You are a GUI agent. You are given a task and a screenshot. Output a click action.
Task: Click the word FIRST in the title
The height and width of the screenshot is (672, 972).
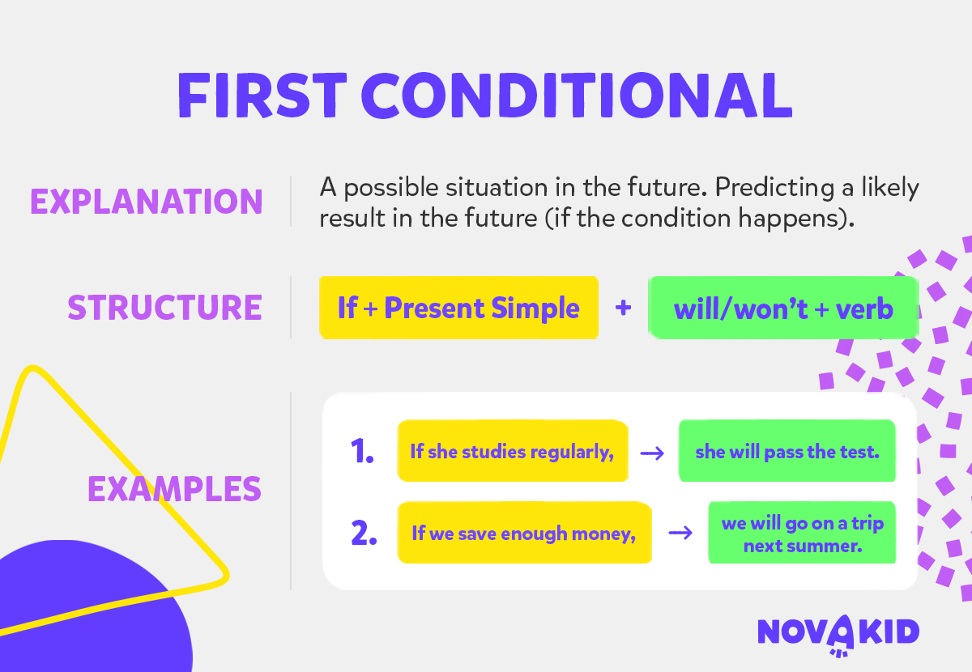262,96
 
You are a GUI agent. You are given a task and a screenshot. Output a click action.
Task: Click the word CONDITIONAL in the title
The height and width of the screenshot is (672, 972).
577,96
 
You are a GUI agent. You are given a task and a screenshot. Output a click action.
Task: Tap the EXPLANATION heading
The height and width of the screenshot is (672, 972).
147,202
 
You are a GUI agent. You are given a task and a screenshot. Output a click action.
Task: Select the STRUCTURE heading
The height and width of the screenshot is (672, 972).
165,308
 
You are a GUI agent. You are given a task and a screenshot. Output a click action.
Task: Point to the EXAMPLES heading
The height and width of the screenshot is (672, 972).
174,489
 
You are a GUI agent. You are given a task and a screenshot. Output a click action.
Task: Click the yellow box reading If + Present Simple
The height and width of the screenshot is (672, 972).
458,308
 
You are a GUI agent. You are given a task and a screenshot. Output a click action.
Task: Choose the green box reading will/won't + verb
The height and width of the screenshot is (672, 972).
784,308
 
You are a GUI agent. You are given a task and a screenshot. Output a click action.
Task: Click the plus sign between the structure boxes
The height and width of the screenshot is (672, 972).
623,308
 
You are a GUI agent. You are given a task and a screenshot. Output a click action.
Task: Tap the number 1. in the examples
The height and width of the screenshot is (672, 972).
362,451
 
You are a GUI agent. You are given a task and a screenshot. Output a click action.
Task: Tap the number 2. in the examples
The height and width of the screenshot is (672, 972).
364,533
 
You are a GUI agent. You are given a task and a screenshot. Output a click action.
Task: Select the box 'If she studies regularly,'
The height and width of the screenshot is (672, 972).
513,451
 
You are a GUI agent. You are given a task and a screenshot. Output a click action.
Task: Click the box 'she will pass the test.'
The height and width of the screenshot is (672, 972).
787,451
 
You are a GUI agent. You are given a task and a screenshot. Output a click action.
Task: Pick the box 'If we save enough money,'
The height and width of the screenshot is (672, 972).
524,533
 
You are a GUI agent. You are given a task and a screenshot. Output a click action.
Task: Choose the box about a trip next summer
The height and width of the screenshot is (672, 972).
803,533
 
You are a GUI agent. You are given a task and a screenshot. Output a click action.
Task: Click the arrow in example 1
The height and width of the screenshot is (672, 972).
652,453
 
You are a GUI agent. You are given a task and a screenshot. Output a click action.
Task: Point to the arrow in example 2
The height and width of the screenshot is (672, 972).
680,533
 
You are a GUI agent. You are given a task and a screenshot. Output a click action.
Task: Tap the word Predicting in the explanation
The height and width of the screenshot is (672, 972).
774,188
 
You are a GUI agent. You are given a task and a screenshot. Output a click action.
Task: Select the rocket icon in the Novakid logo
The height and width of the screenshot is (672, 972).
841,635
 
